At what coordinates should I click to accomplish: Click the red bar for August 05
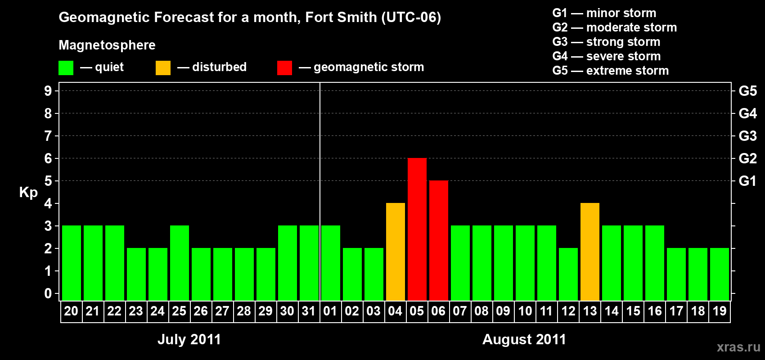point(417,229)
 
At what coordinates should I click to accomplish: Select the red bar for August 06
point(438,240)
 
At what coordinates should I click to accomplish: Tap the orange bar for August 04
point(395,252)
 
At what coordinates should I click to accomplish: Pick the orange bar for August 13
point(589,252)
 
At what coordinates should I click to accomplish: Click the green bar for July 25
point(179,263)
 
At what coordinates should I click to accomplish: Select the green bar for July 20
point(71,263)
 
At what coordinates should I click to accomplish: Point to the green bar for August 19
point(719,274)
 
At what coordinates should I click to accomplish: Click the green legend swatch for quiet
point(66,68)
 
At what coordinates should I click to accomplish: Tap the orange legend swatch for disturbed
point(163,68)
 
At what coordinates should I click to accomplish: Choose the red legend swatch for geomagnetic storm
point(284,68)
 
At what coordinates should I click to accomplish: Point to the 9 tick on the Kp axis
point(48,91)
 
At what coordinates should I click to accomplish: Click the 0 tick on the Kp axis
point(48,294)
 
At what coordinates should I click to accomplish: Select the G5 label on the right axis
point(747,91)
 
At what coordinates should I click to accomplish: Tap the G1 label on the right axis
point(747,181)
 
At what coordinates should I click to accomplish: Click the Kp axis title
point(28,193)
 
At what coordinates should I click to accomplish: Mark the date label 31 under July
point(309,311)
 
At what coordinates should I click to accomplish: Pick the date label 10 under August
point(525,311)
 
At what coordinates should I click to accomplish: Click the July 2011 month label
point(189,339)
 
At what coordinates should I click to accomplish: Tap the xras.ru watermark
point(738,347)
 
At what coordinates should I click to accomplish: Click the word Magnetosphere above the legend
point(107,45)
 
